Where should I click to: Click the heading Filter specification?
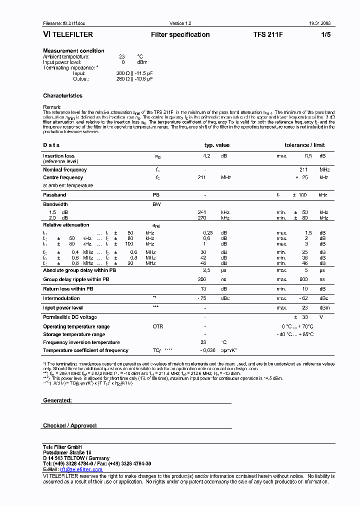tap(180, 35)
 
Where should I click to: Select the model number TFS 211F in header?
tap(268, 35)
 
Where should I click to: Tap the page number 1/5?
tap(325, 35)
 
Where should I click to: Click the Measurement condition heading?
tap(73, 50)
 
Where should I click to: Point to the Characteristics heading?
tap(62, 95)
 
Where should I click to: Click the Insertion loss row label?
tap(58, 156)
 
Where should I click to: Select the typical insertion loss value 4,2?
tap(206, 156)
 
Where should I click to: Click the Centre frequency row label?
tap(63, 177)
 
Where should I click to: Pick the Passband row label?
tap(54, 194)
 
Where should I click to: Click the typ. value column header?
tap(216, 145)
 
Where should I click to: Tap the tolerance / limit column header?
tap(304, 145)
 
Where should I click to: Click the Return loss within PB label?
tap(68, 288)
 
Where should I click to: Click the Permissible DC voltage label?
tap(70, 317)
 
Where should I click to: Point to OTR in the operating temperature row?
tap(158, 326)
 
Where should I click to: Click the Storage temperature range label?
tap(74, 334)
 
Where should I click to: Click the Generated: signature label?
tap(57, 400)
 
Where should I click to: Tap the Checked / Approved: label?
tap(70, 425)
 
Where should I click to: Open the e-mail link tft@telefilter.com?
tap(81, 469)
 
